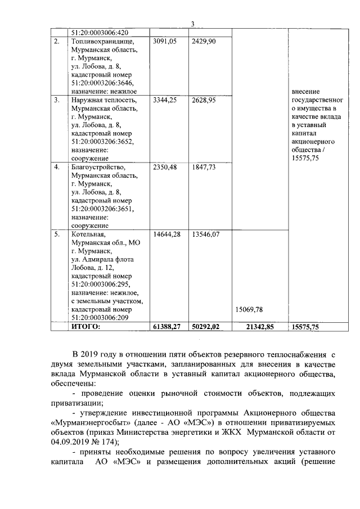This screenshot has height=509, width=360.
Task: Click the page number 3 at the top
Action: click(192, 24)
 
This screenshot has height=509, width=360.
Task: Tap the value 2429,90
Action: click(203, 41)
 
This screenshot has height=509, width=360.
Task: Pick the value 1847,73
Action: click(203, 166)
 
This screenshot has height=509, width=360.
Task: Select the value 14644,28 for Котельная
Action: click(166, 234)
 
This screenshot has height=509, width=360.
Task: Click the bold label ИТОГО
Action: click(85, 326)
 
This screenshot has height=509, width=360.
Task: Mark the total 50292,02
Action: click(205, 326)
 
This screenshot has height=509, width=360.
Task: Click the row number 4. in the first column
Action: click(57, 166)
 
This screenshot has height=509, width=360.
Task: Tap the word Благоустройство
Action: click(98, 166)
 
